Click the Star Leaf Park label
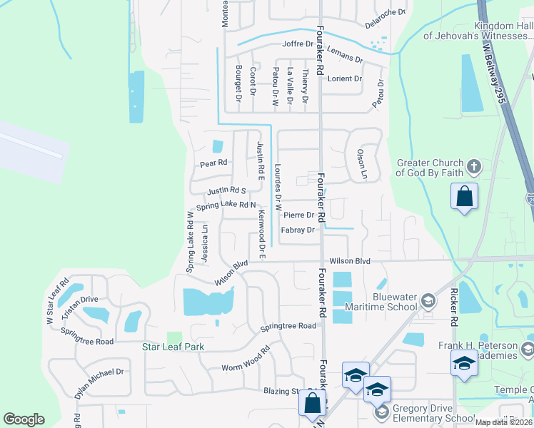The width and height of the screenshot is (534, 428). (x=173, y=347)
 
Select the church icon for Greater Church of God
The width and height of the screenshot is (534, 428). (x=473, y=168)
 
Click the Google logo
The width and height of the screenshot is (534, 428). (x=24, y=419)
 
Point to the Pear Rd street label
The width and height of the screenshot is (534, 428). (x=213, y=163)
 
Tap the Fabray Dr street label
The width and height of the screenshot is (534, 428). (x=298, y=230)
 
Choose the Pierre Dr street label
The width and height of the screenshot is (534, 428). (x=298, y=215)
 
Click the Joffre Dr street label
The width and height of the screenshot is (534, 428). (x=298, y=44)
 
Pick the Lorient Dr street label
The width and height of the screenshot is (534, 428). (x=345, y=78)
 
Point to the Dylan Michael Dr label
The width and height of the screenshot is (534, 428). (x=99, y=382)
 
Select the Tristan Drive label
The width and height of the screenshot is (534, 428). (x=79, y=300)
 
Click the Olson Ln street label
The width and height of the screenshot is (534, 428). (x=362, y=164)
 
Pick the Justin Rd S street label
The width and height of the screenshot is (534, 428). (x=226, y=191)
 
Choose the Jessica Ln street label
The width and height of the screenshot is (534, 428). (x=205, y=243)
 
